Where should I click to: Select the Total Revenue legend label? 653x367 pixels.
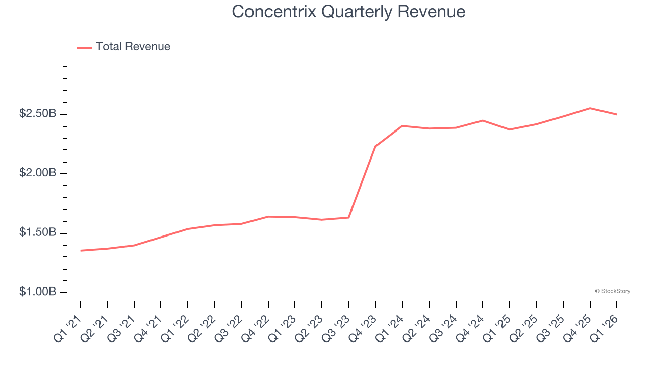(x=133, y=47)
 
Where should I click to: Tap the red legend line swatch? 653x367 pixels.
(x=84, y=47)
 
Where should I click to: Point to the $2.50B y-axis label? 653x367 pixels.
(x=37, y=114)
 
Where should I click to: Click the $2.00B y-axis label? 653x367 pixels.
(x=37, y=173)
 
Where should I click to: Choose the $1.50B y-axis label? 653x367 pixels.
(x=37, y=233)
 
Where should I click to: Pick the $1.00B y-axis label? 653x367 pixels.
(x=37, y=292)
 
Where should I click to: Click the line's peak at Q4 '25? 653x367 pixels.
(x=590, y=108)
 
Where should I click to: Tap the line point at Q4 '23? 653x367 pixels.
(x=375, y=146)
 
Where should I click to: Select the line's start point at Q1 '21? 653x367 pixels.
(x=81, y=251)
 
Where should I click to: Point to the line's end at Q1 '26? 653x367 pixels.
(x=617, y=114)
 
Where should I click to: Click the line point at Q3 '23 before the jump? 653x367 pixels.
(x=348, y=218)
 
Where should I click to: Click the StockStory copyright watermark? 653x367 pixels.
(x=612, y=291)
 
